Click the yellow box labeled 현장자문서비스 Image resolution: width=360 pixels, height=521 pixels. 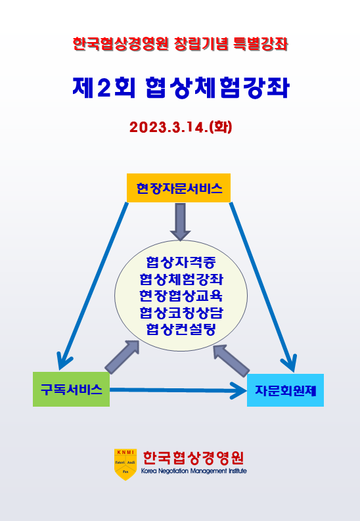[178, 188]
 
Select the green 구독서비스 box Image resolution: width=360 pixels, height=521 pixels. [71, 389]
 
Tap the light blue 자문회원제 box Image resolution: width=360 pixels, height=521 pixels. [285, 390]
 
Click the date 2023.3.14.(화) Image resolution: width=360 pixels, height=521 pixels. [181, 127]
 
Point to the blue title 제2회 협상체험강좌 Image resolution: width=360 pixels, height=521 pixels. [181, 88]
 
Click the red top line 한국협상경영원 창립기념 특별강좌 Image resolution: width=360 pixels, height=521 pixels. [180, 44]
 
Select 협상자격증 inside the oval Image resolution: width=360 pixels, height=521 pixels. [181, 262]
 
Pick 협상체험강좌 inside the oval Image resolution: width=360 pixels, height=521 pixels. [181, 279]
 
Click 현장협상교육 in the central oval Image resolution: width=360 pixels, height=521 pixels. [181, 296]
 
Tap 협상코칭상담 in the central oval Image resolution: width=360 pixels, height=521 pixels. [181, 312]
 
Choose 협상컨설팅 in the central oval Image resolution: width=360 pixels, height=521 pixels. [181, 329]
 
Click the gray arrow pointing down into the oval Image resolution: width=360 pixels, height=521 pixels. [180, 221]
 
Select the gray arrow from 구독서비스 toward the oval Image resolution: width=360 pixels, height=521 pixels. [122, 357]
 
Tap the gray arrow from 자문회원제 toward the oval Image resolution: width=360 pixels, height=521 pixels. [231, 360]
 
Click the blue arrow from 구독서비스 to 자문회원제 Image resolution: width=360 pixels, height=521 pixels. [178, 390]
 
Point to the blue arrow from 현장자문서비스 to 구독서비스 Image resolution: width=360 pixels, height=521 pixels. [93, 286]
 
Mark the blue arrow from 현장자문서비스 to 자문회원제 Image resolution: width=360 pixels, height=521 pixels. [263, 287]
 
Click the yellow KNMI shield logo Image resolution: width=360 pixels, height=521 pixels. [125, 464]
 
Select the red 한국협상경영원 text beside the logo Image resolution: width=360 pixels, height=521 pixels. [193, 458]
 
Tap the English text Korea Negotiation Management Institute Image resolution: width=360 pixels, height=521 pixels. [194, 471]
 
